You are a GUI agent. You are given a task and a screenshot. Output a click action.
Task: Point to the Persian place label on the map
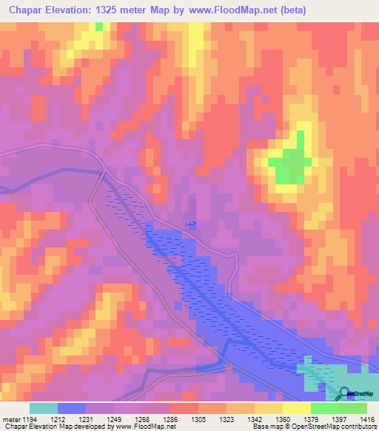coord(191,224)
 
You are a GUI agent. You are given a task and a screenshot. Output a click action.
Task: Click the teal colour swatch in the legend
coord(44,408)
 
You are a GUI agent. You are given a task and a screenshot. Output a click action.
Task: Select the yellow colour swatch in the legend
coord(297,408)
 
